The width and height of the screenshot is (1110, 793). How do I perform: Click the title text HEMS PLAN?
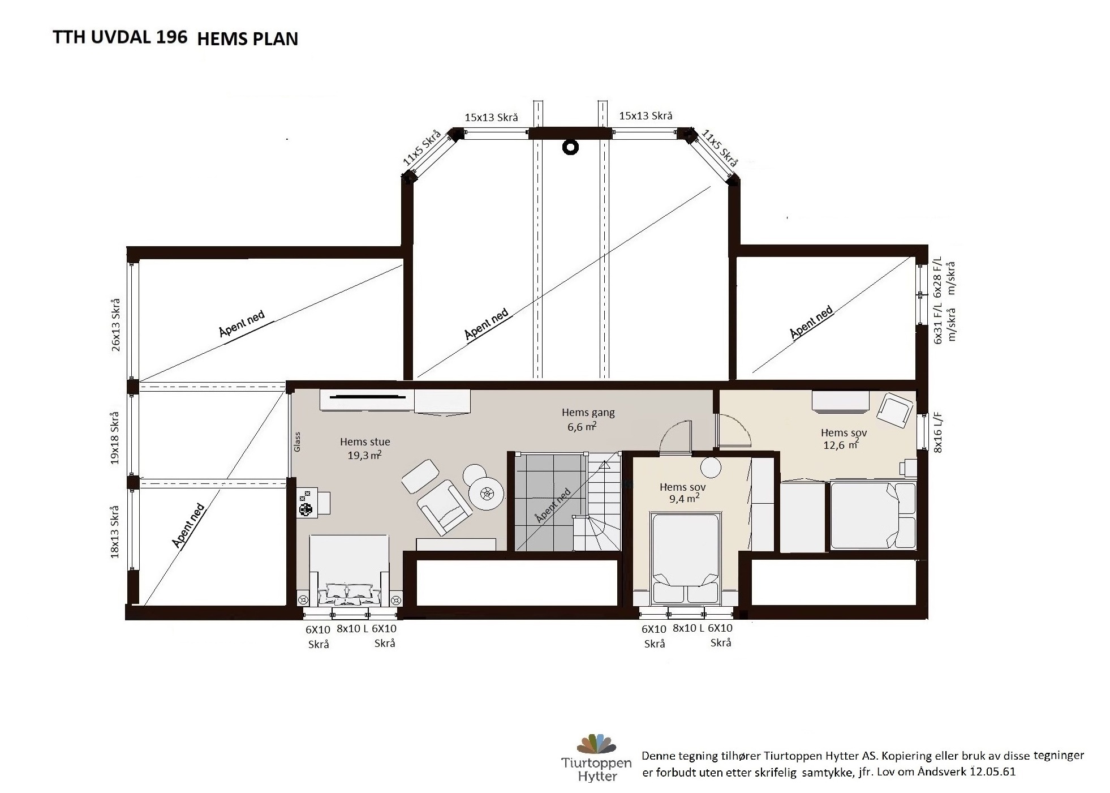click(248, 38)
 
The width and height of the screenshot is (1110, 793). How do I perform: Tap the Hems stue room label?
click(365, 441)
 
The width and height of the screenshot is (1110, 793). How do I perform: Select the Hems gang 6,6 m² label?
click(588, 419)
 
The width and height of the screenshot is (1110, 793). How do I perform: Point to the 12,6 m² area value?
click(841, 445)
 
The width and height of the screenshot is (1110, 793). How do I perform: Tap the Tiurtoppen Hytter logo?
click(596, 758)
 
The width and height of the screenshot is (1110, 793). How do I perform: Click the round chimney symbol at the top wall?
click(570, 147)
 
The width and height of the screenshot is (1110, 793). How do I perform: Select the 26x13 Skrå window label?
click(116, 324)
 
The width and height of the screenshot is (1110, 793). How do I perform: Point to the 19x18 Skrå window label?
click(116, 438)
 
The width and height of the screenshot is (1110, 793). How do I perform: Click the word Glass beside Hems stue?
click(297, 442)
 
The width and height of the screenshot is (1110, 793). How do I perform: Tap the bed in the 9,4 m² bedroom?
click(685, 557)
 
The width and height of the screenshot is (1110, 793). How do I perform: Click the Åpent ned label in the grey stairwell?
click(552, 506)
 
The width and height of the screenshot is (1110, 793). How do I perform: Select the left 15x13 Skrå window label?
click(491, 117)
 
